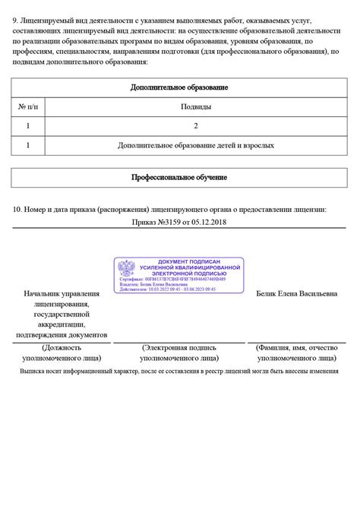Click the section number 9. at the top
point(16,17)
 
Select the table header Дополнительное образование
point(179,87)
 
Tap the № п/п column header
point(28,107)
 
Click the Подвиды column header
point(196,107)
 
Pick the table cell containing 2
point(196,125)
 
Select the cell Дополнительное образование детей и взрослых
point(196,144)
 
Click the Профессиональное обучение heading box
point(179,177)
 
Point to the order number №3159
point(169,223)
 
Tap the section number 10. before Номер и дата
point(18,209)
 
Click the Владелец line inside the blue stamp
point(155,284)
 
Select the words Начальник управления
point(62,293)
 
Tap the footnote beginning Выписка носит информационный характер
point(179,371)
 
